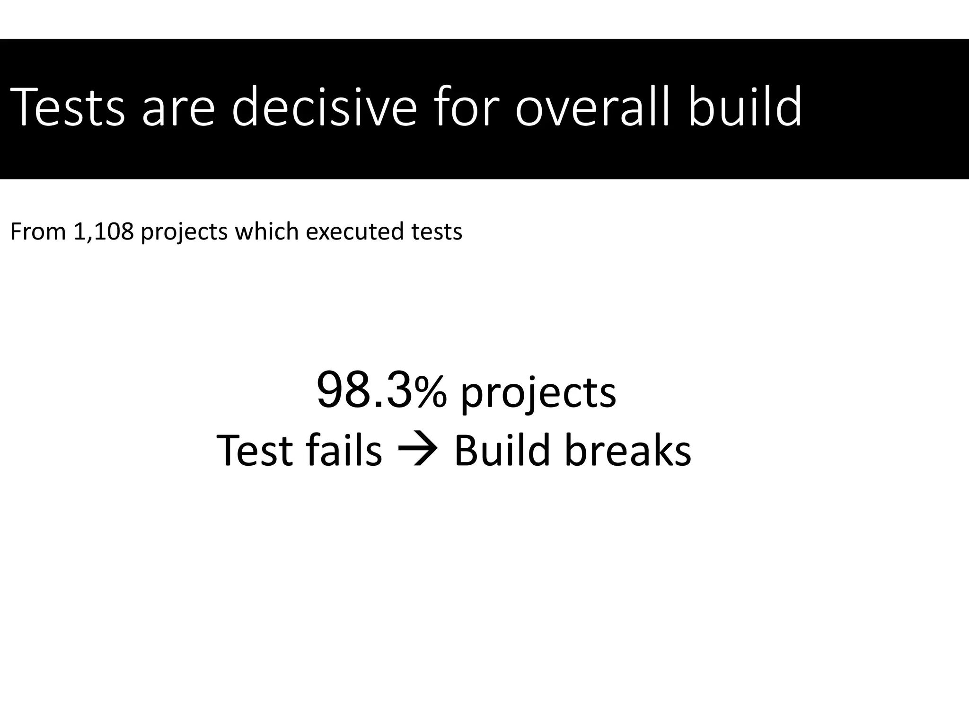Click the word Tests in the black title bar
pyautogui.click(x=67, y=108)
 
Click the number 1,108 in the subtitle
pyautogui.click(x=104, y=232)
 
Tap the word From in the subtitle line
pyautogui.click(x=38, y=232)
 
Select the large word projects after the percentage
pyautogui.click(x=538, y=395)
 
